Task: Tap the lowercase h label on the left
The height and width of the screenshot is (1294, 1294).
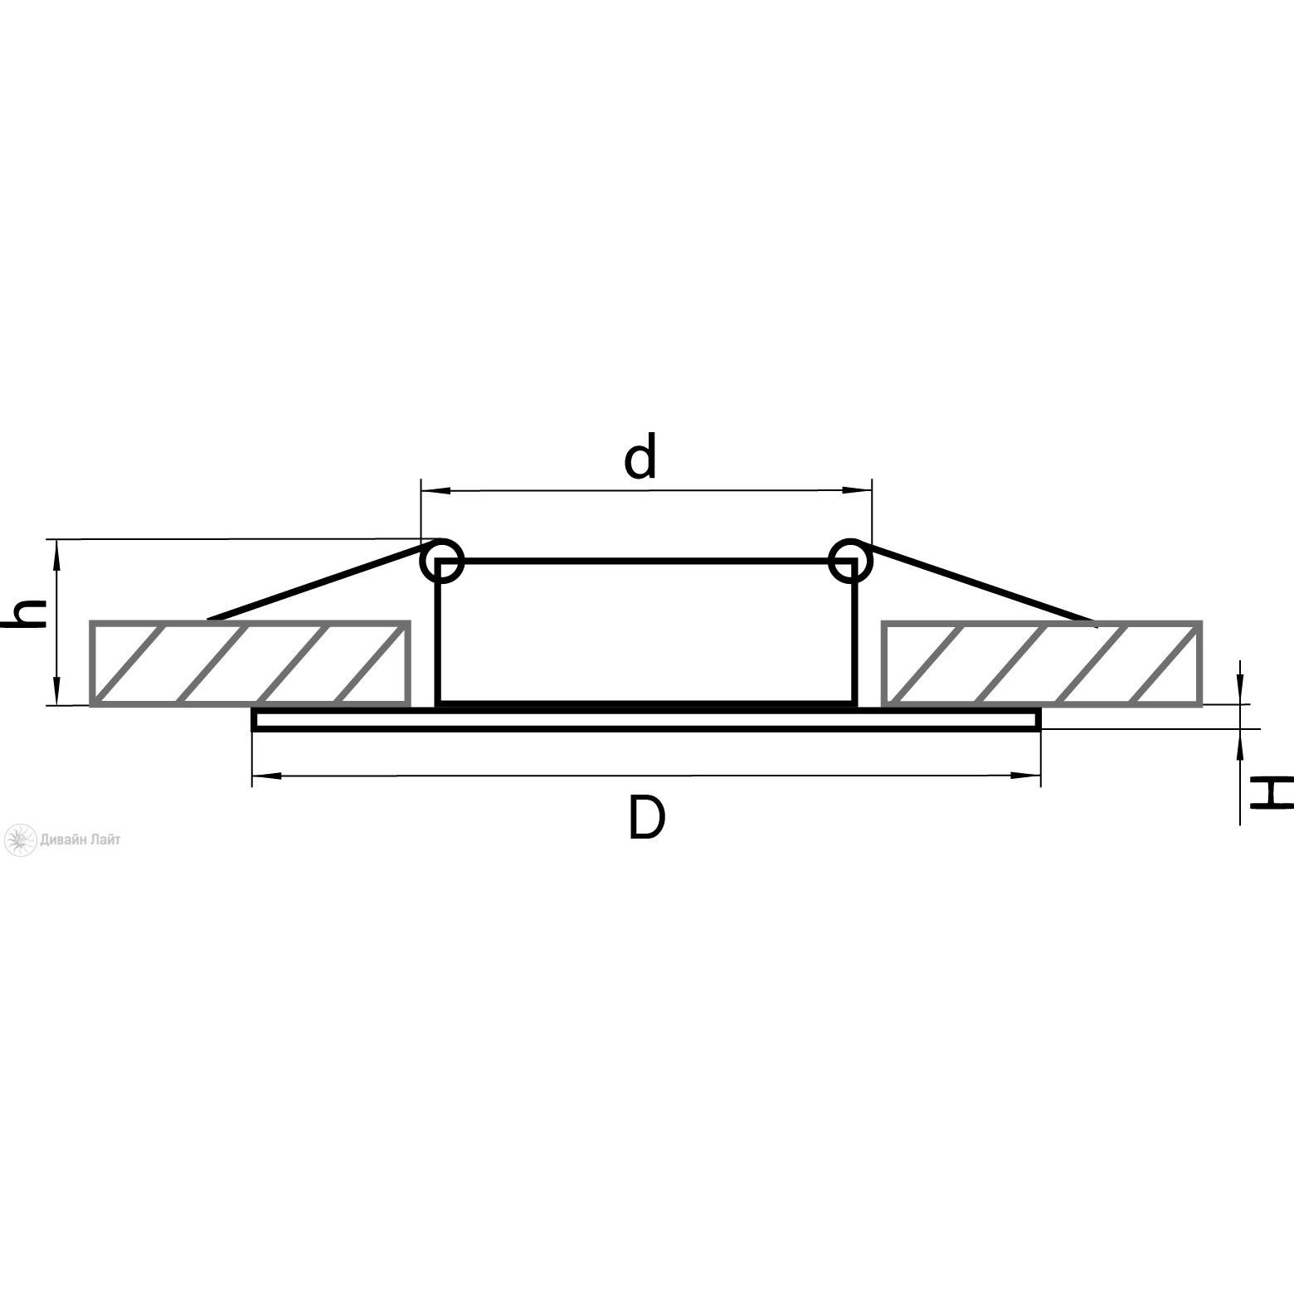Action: (x=29, y=615)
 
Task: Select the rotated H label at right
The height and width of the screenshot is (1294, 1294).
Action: (x=1272, y=792)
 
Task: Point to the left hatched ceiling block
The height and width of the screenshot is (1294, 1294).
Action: (x=251, y=663)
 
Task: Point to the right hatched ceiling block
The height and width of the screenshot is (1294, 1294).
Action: (x=1042, y=663)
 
